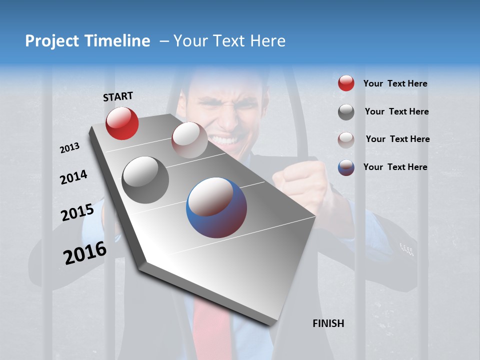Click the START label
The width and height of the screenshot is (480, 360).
[x=118, y=96]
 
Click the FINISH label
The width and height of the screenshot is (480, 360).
[x=328, y=323]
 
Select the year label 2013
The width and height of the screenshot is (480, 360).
[x=69, y=148]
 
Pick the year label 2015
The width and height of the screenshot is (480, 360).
[x=77, y=212]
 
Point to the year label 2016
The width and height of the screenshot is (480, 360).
[x=85, y=252]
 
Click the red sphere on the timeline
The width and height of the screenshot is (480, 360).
[x=122, y=123]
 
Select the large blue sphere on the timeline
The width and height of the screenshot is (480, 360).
[x=216, y=207]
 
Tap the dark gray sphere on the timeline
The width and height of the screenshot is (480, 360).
[x=145, y=180]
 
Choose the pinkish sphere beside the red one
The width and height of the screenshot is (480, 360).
[x=189, y=140]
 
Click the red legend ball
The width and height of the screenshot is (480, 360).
[x=346, y=83]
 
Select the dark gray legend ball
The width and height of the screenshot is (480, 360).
[x=346, y=112]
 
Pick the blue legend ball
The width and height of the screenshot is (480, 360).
[x=346, y=167]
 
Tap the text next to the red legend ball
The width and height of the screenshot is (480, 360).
[x=395, y=83]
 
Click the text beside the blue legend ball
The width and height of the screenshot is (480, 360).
[x=395, y=167]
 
